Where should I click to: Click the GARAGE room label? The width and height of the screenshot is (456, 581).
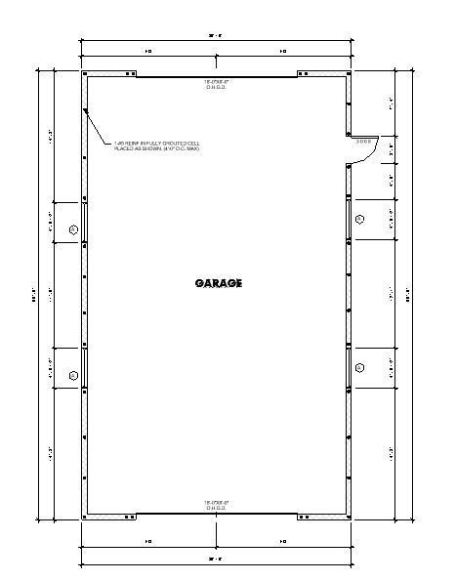[218, 283]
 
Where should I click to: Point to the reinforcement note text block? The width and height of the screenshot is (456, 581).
[156, 145]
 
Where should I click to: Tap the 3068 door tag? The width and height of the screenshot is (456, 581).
[364, 143]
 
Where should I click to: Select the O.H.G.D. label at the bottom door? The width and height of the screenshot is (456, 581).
[217, 506]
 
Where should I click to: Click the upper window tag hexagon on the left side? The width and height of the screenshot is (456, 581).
[73, 229]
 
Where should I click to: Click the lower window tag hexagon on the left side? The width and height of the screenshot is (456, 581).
[73, 374]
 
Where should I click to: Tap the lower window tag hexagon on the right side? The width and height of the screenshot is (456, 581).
[359, 367]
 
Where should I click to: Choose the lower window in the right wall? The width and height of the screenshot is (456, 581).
[349, 367]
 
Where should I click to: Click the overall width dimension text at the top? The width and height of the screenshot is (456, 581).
[217, 37]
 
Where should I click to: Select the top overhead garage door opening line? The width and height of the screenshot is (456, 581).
[217, 76]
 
